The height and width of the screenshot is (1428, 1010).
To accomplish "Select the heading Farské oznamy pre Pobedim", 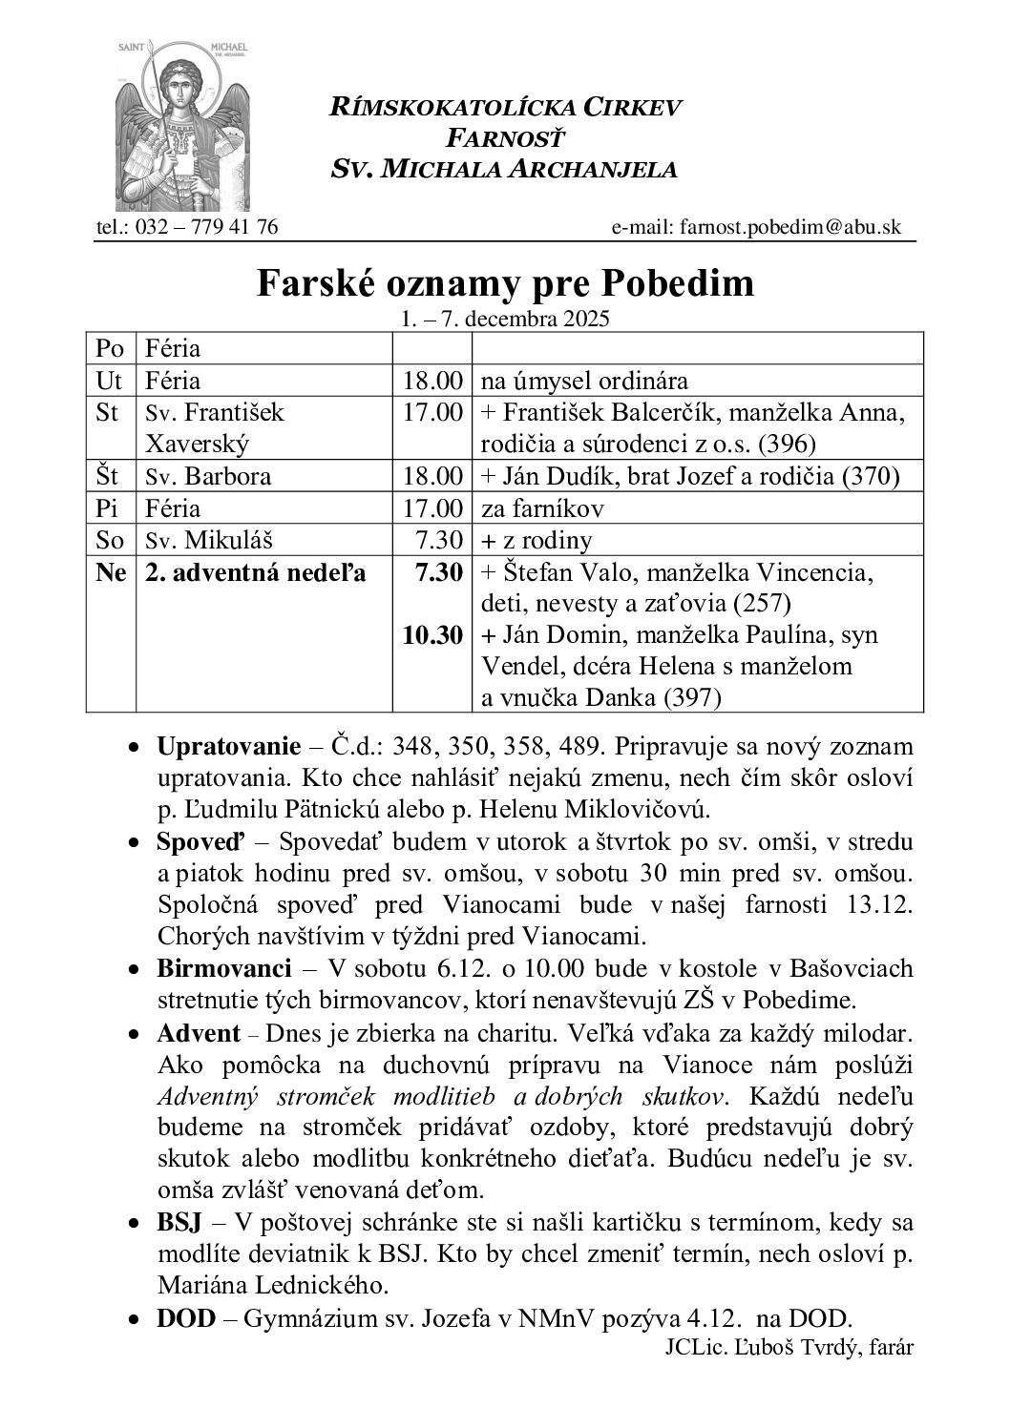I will [505, 283].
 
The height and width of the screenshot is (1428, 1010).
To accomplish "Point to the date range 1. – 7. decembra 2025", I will [505, 320].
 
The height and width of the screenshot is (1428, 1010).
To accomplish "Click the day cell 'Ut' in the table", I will [110, 381].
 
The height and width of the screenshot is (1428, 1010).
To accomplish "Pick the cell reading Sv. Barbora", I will [208, 476].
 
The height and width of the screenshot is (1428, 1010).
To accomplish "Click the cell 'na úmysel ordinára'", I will [584, 381].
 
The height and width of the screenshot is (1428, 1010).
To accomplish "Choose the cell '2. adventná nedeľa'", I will [256, 572].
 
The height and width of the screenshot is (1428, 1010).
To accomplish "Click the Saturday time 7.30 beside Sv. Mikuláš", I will [440, 540].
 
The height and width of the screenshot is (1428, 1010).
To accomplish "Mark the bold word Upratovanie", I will [216, 745].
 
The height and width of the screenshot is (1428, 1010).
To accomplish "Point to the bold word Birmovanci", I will [223, 969].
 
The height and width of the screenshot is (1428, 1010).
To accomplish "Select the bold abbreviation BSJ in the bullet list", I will [178, 1223].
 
